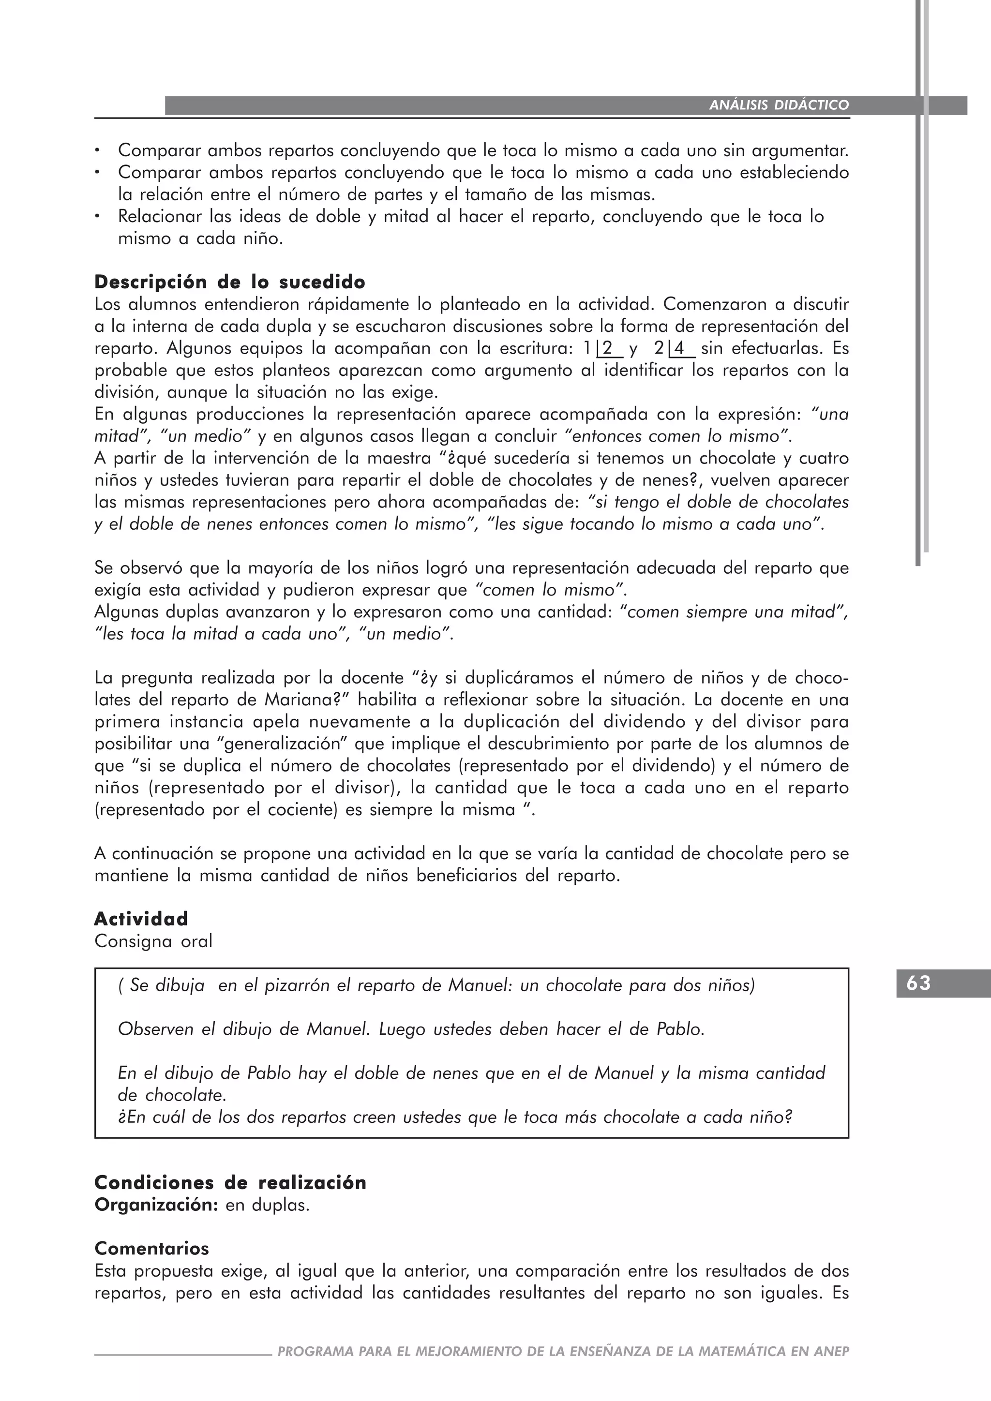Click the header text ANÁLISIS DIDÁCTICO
[x=779, y=105]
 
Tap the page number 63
[x=918, y=983]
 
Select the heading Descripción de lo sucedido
[x=230, y=282]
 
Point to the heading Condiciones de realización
[x=230, y=1182]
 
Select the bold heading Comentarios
[x=151, y=1249]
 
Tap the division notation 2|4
[x=674, y=348]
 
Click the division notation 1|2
[x=603, y=348]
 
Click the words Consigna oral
[x=153, y=941]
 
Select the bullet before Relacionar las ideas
[x=97, y=217]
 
